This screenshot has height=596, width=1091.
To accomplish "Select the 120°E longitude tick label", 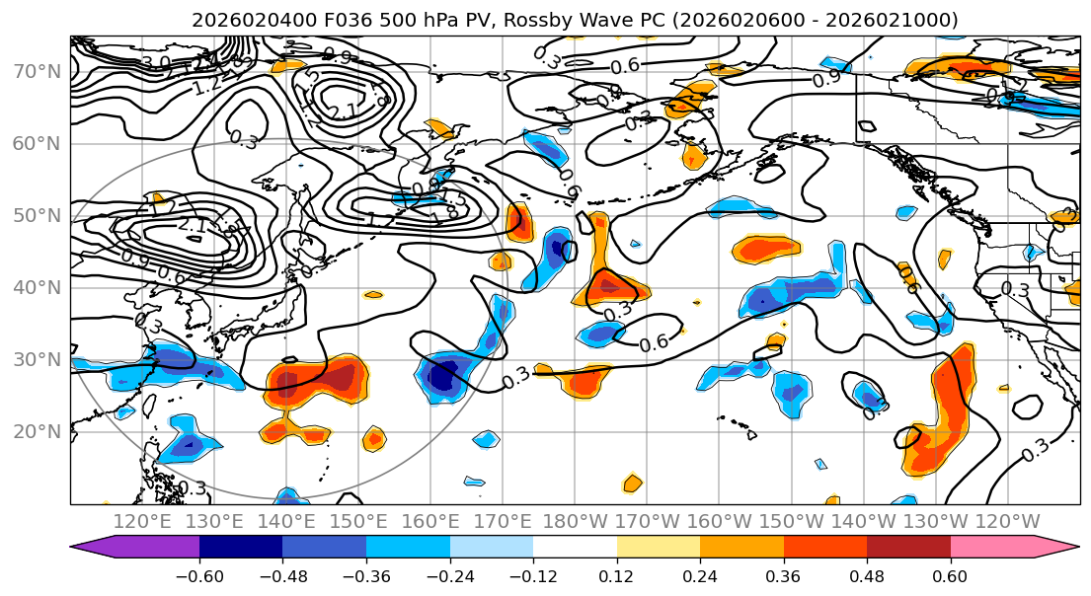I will pyautogui.click(x=141, y=522).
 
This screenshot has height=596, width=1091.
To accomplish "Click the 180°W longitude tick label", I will pyautogui.click(x=575, y=522).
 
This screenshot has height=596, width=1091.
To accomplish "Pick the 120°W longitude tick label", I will pyautogui.click(x=1007, y=522).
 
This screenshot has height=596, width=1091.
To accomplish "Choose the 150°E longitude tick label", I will pyautogui.click(x=358, y=522).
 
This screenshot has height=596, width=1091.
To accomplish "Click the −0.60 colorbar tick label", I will pyautogui.click(x=199, y=575).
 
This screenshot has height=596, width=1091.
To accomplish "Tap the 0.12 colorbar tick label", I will pyautogui.click(x=617, y=575).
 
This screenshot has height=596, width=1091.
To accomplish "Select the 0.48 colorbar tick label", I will pyautogui.click(x=867, y=575).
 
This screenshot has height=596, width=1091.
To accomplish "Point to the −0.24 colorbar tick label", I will pyautogui.click(x=450, y=575).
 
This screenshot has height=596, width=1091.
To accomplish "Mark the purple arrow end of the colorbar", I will pyautogui.click(x=95, y=549).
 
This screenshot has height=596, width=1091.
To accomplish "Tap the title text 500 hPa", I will pyautogui.click(x=380, y=20).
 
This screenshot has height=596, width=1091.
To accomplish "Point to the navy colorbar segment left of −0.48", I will pyautogui.click(x=241, y=549).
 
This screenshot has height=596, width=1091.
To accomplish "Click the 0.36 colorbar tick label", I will pyautogui.click(x=784, y=575).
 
